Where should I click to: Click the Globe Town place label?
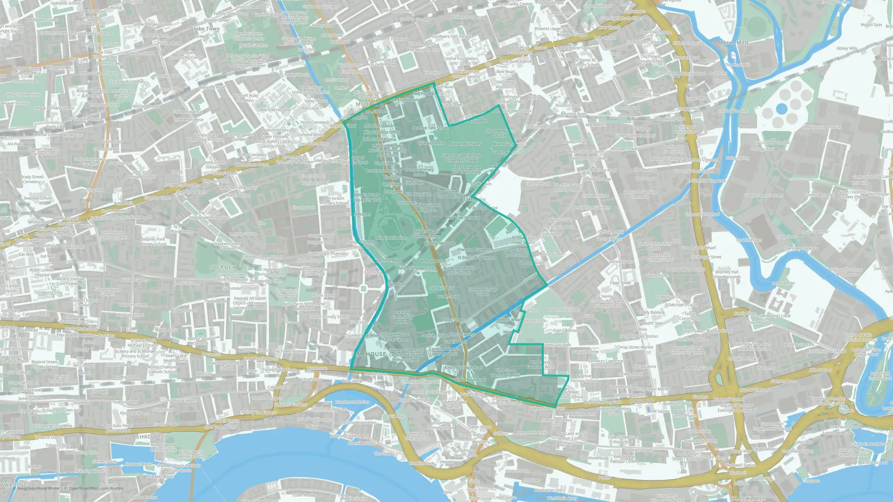tap(204, 29)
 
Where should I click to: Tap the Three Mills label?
tap(734, 42)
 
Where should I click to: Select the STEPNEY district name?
tap(222, 267)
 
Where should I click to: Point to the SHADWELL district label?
tap(151, 436)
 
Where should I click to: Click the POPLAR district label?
tap(642, 402)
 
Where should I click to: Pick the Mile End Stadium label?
tap(391, 238)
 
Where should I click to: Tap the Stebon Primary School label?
tap(483, 291)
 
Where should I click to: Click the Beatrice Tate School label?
tap(430, 128)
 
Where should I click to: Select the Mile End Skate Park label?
tap(416, 268)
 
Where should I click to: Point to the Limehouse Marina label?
tap(352, 402)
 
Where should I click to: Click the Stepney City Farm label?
tap(266, 281)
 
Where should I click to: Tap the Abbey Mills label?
tap(847, 48)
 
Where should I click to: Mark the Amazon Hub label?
tap(517, 470)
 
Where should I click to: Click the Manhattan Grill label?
tap(548, 490)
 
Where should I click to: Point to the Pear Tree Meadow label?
tap(463, 218)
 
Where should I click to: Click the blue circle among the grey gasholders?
tap(781, 108)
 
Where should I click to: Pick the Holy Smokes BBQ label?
tap(542, 127)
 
